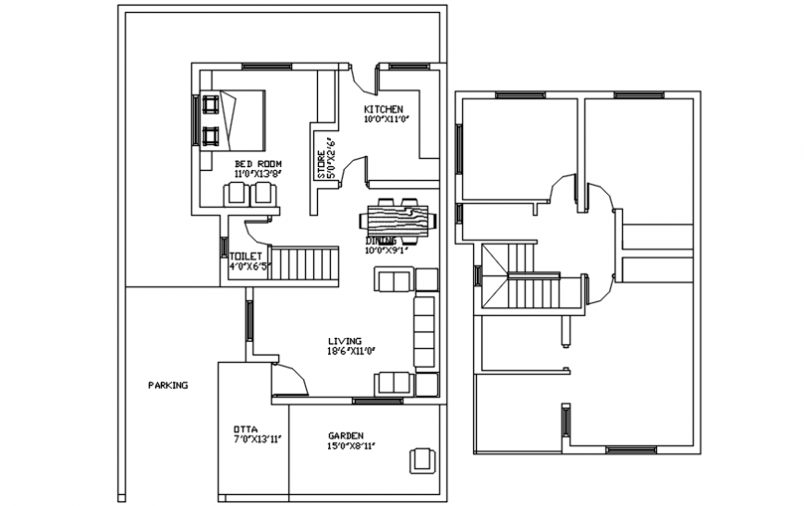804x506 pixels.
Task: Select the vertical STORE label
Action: [322, 158]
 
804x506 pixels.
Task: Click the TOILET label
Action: [246, 256]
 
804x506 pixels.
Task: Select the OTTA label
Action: [245, 429]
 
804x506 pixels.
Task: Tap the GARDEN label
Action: [346, 436]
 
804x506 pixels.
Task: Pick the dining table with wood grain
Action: [399, 221]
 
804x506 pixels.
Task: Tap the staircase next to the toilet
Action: [304, 263]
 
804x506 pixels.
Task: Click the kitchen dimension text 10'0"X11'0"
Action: [385, 119]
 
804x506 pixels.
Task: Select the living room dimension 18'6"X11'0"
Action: [350, 350]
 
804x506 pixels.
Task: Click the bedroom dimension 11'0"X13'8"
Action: [257, 174]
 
